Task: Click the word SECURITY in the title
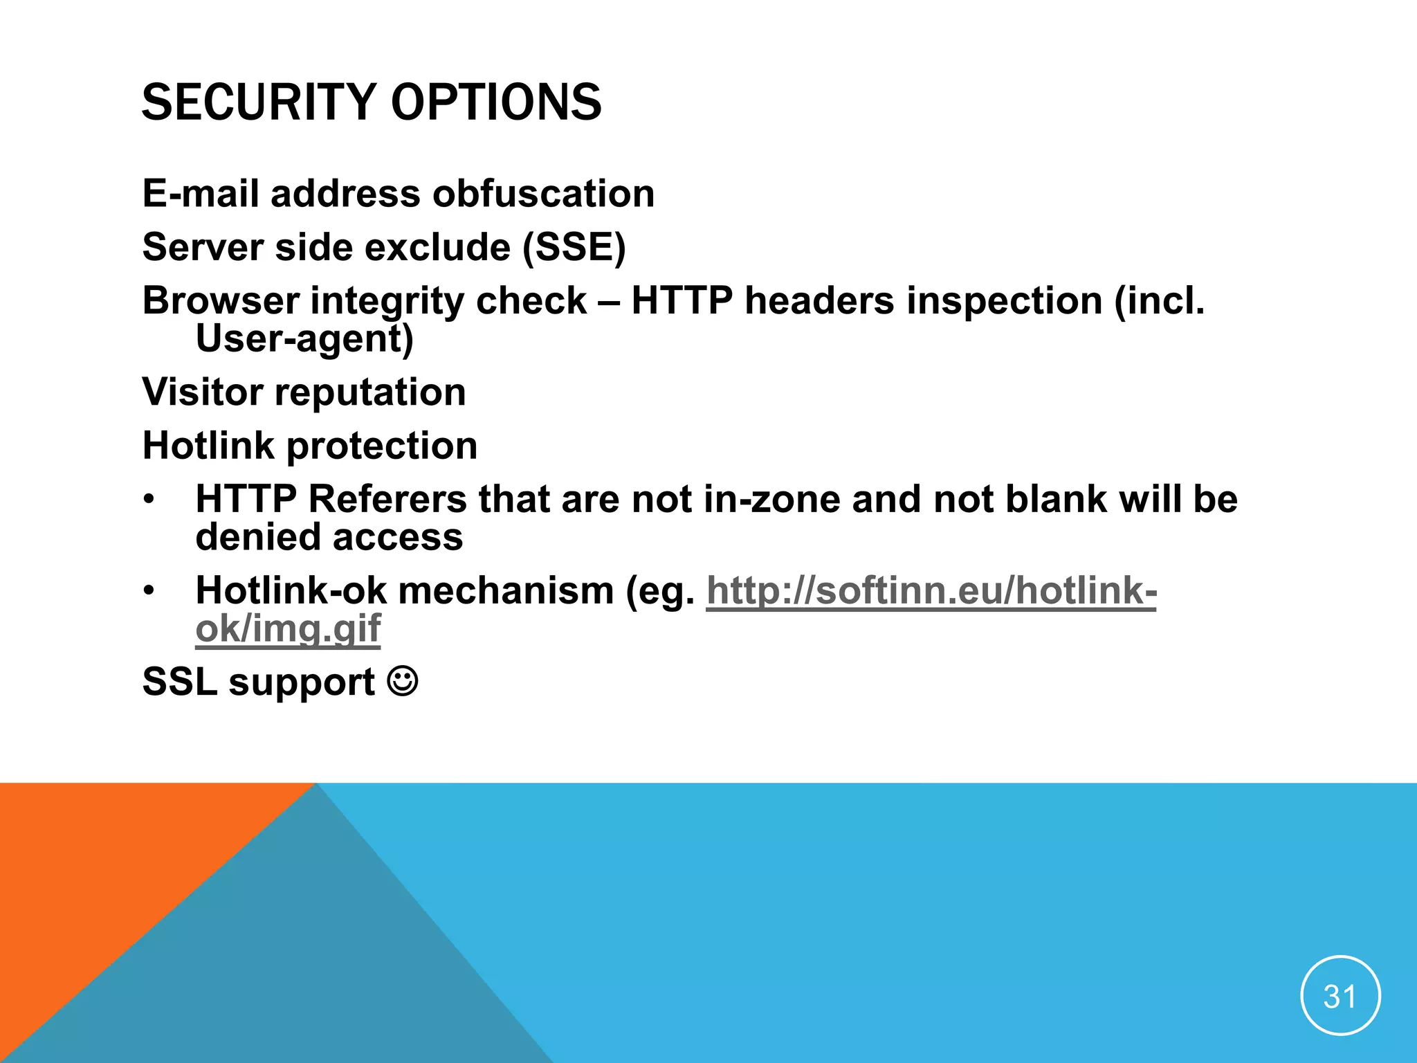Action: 258,102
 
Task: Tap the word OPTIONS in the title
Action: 496,102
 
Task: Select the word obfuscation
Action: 543,193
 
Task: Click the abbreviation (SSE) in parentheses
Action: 574,247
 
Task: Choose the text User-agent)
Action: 304,339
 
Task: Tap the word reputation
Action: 370,392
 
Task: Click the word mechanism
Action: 506,591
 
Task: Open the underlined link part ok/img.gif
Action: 288,628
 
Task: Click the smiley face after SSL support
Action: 403,681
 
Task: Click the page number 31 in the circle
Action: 1340,997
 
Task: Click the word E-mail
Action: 201,193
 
